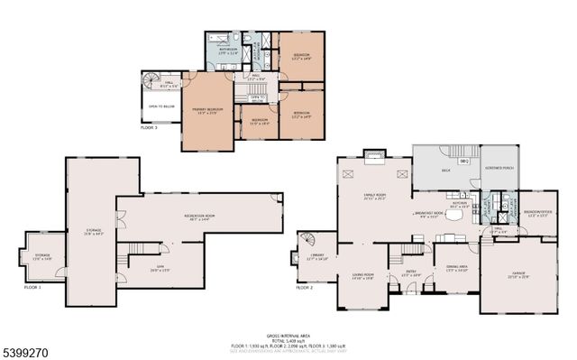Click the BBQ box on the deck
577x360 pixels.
[x=464, y=161]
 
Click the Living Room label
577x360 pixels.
[x=363, y=275]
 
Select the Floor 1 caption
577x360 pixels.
[x=33, y=287]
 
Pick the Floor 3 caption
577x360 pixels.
[x=149, y=128]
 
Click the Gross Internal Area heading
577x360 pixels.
[x=288, y=334]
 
